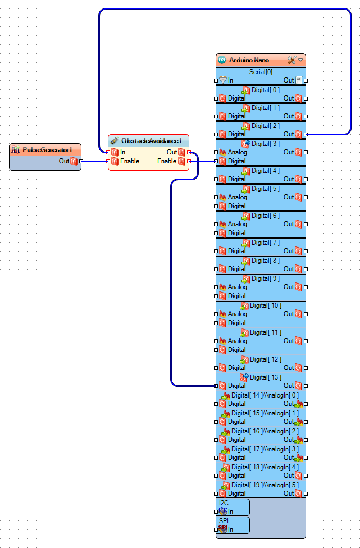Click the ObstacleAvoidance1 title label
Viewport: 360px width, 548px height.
pos(151,140)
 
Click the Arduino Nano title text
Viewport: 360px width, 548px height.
pos(249,60)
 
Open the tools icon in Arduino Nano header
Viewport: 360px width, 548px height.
pos(291,60)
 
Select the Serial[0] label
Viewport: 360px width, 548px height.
pos(261,72)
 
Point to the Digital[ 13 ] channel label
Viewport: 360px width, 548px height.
pos(266,377)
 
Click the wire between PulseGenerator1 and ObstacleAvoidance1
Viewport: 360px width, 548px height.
pos(95,161)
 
